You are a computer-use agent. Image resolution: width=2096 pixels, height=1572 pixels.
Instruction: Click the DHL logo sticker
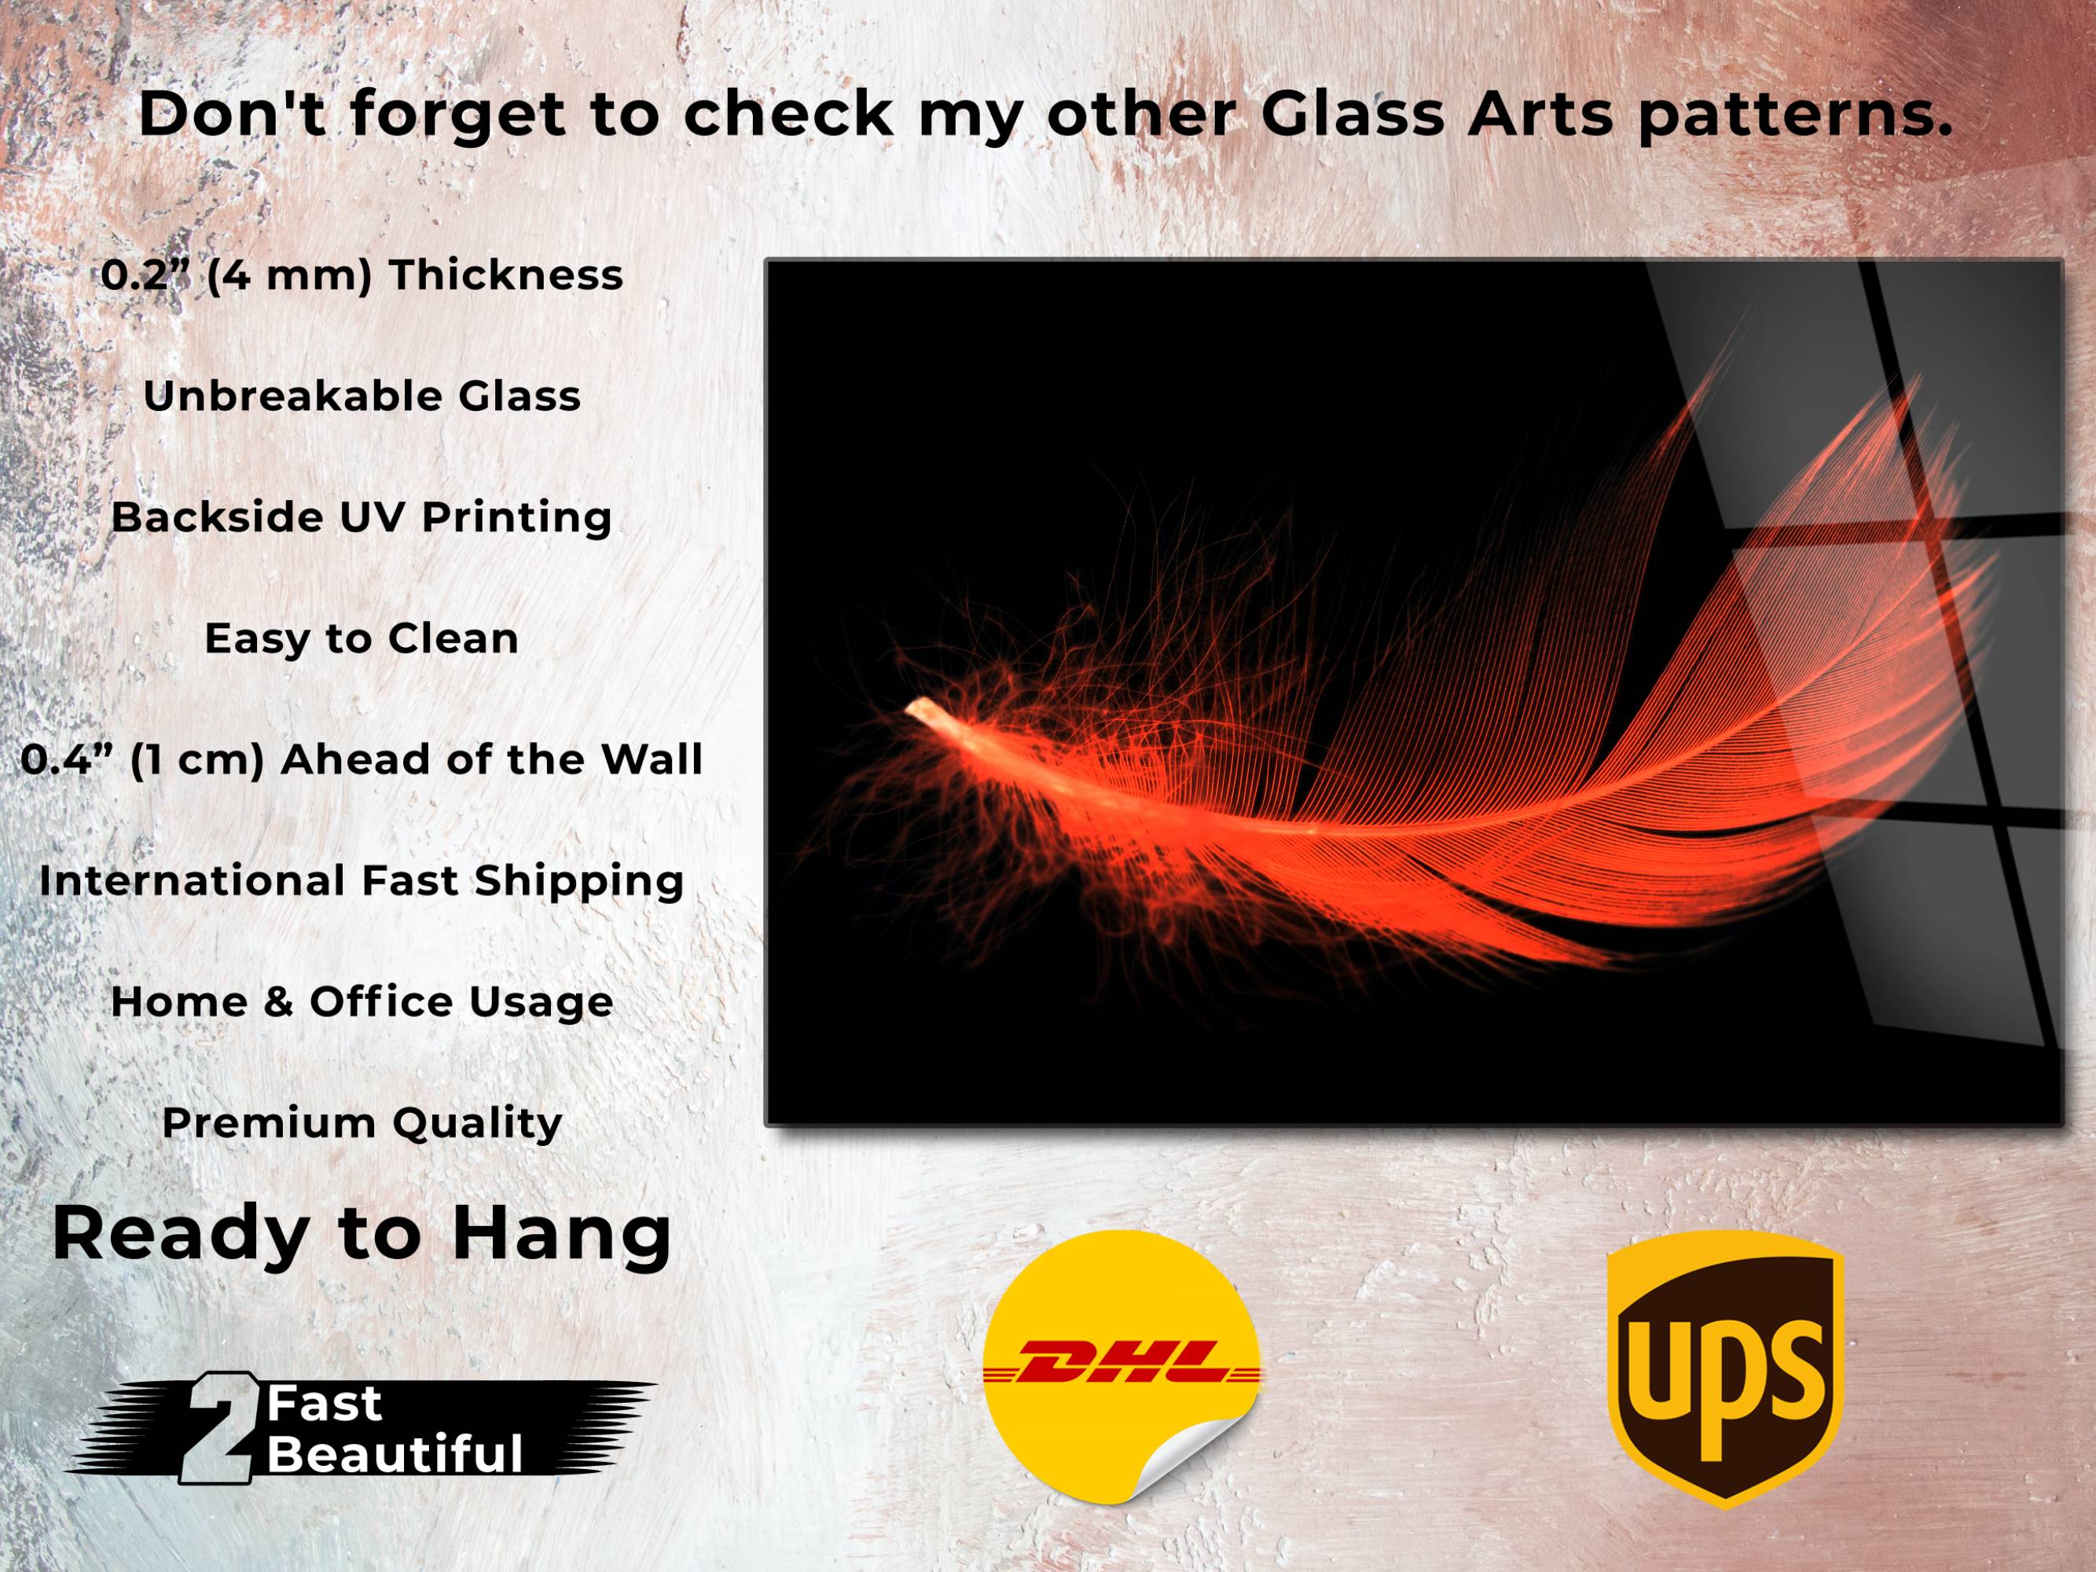click(x=1122, y=1370)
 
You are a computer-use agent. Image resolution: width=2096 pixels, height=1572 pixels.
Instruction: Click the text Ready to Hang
click(x=362, y=1234)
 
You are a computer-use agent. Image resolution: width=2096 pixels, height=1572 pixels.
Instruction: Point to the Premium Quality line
click(x=362, y=1124)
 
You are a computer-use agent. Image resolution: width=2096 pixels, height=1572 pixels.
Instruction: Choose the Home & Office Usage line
click(x=362, y=1001)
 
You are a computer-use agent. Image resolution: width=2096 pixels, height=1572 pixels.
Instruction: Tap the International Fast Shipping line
click(x=362, y=881)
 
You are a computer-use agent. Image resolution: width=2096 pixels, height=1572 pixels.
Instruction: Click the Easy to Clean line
click(x=362, y=639)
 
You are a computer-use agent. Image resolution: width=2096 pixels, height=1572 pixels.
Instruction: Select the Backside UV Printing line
click(x=362, y=517)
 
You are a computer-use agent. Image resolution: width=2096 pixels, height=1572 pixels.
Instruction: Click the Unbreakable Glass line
click(x=362, y=396)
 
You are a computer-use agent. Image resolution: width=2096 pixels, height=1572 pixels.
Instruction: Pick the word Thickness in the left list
click(x=506, y=275)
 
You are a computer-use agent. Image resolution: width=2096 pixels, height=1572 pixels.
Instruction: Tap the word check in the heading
click(x=787, y=114)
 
